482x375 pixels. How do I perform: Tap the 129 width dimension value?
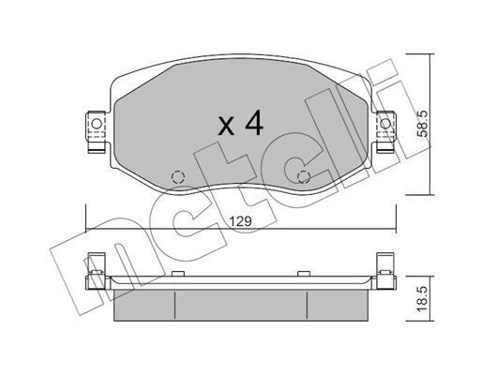coord(241,222)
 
